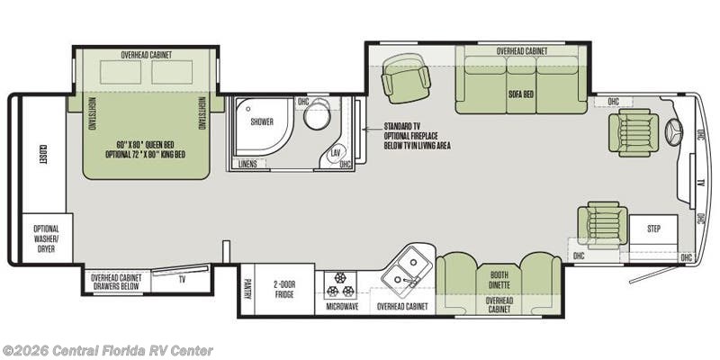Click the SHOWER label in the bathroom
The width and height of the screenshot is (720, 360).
coord(261,121)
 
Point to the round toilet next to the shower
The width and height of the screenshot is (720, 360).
coord(316,117)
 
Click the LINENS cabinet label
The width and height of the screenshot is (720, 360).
coord(248,165)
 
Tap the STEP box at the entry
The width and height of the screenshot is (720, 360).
coord(653,229)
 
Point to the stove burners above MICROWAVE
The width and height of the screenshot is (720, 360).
coord(343,284)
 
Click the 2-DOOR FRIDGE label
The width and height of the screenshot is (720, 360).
coord(284,288)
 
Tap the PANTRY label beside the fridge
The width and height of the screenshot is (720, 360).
coord(247,288)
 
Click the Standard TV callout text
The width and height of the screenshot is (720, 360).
coord(417,135)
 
